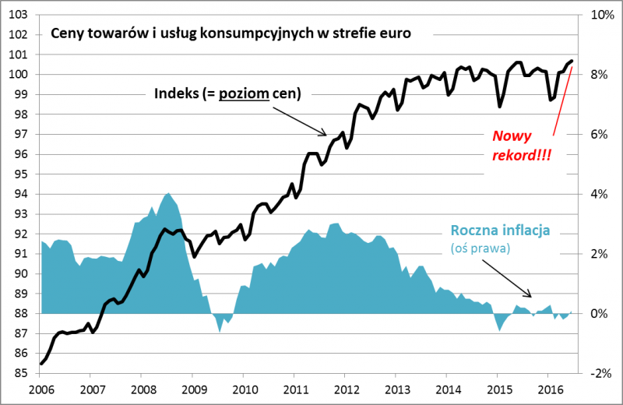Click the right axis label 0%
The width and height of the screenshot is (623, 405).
click(x=596, y=313)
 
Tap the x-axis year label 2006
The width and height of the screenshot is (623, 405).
click(x=40, y=389)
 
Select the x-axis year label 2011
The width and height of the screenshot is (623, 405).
click(x=295, y=389)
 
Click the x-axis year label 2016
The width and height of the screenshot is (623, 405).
click(x=550, y=389)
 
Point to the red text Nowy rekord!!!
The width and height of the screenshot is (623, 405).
click(x=521, y=145)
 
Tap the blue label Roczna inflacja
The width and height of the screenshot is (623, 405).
click(x=500, y=231)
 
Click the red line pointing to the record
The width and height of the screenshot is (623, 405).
click(x=562, y=101)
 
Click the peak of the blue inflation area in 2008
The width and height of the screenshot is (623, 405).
click(x=168, y=193)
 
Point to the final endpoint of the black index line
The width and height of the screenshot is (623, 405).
click(x=572, y=61)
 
